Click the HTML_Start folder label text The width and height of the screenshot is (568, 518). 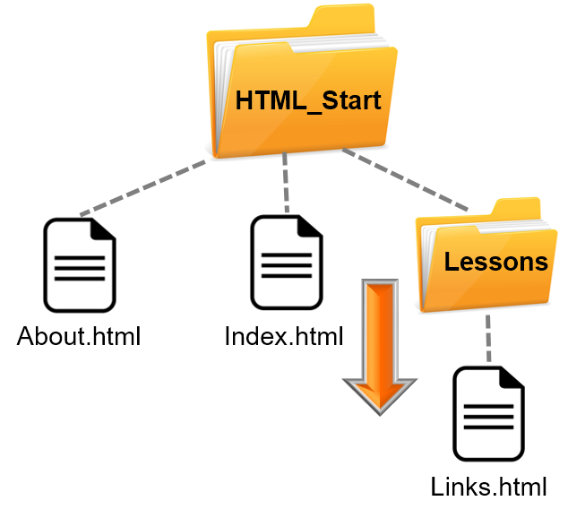[307, 100]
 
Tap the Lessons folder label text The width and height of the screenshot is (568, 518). [495, 262]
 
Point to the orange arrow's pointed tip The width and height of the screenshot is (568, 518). [380, 411]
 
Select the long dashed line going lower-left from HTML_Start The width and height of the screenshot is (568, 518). [143, 188]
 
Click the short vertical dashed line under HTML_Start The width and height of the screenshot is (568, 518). [287, 184]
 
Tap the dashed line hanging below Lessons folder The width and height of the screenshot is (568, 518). [489, 338]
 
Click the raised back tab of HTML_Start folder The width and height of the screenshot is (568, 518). [345, 18]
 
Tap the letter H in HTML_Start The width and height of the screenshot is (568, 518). [244, 100]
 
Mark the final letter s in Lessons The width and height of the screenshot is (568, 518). [542, 263]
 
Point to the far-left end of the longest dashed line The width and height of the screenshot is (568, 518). [82, 214]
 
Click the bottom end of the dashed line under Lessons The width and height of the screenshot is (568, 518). [489, 359]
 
